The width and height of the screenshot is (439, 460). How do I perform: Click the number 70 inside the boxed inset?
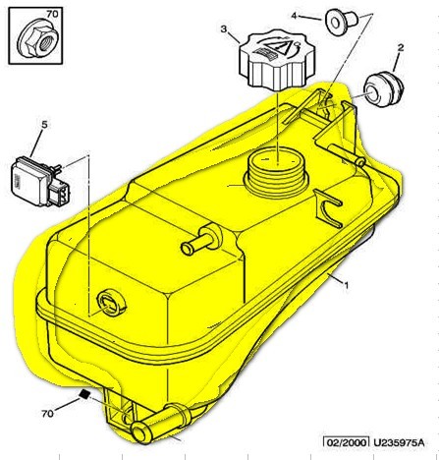point(52,14)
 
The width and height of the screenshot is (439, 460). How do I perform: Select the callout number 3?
point(224,29)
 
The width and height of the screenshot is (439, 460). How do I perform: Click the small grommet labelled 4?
point(341,22)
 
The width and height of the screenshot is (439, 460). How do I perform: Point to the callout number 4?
point(294,16)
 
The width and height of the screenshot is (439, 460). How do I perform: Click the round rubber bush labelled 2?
point(384,89)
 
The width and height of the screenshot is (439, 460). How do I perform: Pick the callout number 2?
point(401,48)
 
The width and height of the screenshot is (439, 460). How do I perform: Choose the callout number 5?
point(44,125)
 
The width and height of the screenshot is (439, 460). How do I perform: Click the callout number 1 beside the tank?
point(346,285)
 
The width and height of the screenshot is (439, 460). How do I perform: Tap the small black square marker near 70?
point(84,394)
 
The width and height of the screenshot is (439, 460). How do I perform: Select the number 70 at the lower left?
point(47,414)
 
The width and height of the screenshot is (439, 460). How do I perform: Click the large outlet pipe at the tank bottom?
point(160,423)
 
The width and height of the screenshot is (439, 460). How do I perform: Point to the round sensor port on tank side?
point(111,303)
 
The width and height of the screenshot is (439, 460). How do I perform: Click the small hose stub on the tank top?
point(201,239)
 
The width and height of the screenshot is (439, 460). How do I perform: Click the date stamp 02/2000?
point(346,442)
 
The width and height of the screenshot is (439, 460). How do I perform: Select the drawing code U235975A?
point(399,442)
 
